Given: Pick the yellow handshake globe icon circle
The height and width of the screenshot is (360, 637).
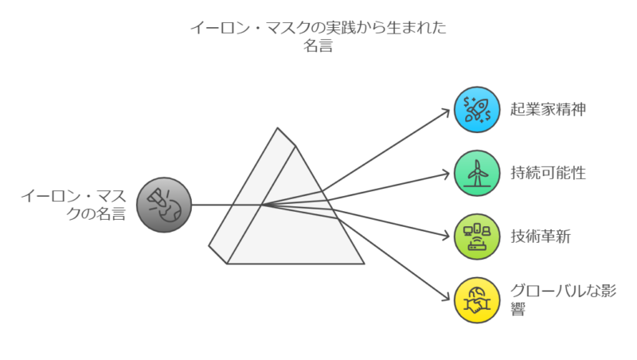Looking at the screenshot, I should tap(476, 300).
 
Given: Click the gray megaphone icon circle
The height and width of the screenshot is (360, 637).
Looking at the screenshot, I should tap(163, 205).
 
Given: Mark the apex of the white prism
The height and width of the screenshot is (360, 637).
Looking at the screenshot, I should tap(278, 128).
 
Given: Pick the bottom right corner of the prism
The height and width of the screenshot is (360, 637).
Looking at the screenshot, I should tap(363, 263).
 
